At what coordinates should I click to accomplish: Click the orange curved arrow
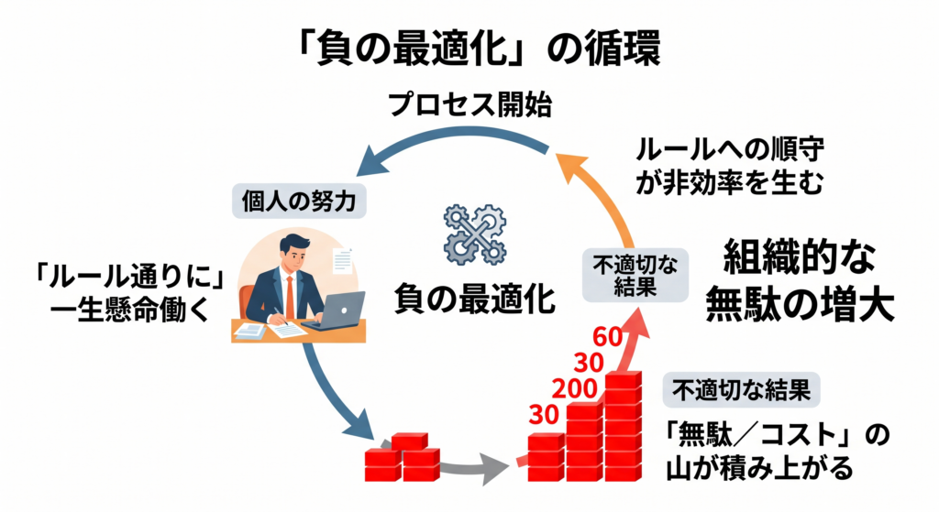(x=602, y=192)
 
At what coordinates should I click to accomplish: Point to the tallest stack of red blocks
(x=623, y=426)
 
